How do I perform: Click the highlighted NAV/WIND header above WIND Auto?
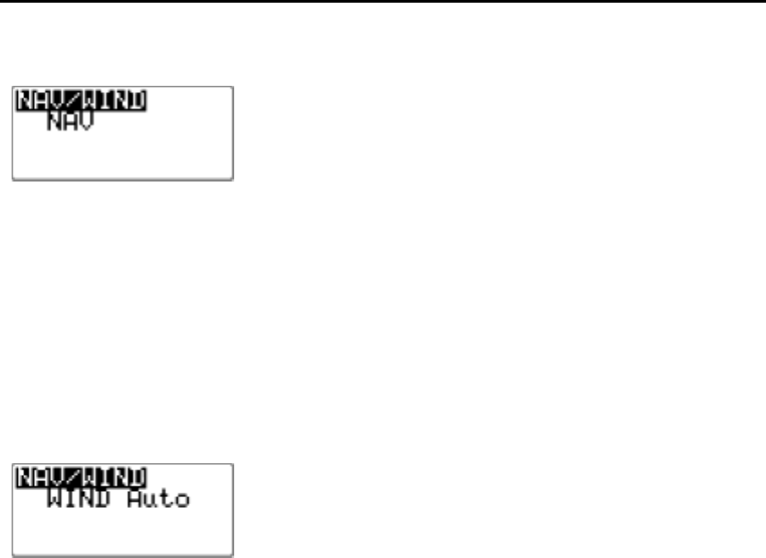tap(82, 476)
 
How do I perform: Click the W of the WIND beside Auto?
tap(53, 497)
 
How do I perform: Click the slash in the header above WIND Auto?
tap(73, 476)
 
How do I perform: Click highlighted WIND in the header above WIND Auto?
tap(113, 476)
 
